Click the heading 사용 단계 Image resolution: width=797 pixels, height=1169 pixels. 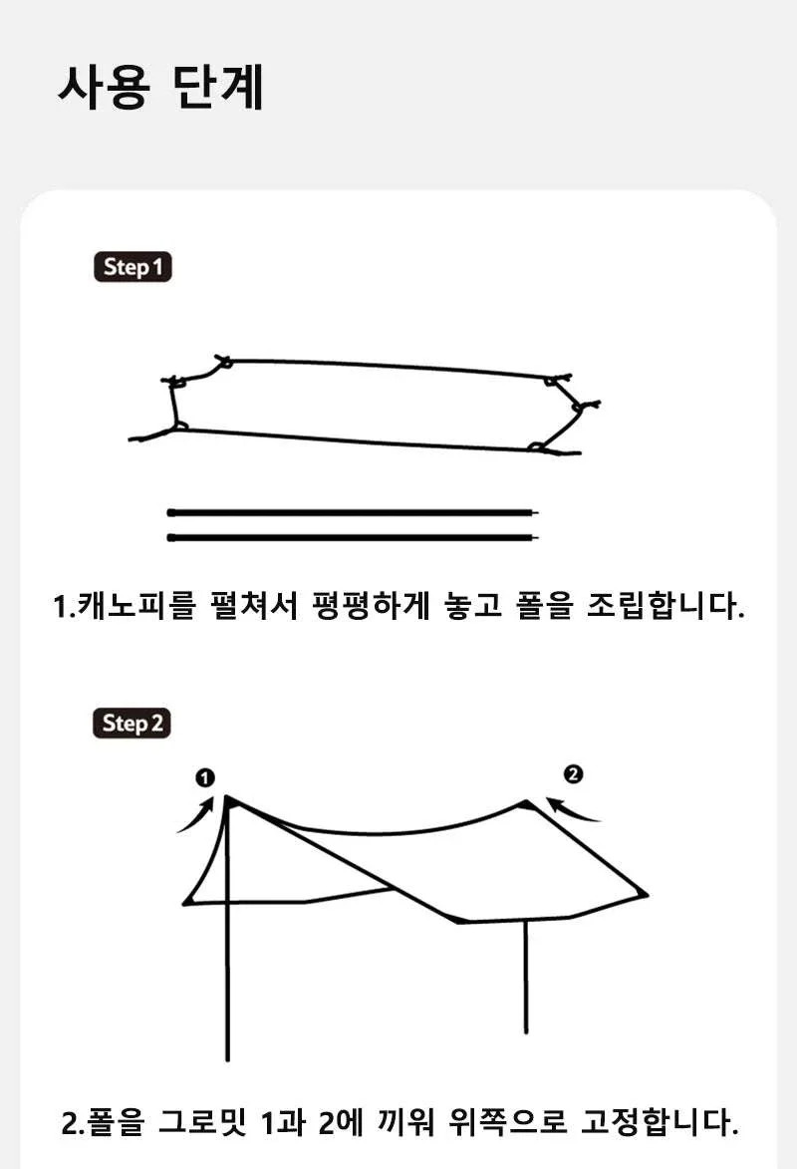160,88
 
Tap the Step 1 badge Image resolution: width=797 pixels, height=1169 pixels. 133,267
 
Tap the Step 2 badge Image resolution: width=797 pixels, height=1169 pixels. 132,724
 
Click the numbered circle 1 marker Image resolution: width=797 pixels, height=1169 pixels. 205,777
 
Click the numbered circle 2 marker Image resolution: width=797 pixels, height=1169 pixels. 573,774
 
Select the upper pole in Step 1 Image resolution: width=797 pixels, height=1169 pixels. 353,513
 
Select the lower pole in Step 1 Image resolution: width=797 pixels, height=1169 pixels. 353,537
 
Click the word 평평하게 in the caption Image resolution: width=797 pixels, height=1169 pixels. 372,605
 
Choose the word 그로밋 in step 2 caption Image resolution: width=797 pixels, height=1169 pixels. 202,1122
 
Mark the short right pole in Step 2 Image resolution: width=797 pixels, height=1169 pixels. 526,977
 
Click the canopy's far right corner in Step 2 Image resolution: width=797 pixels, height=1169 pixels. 647,895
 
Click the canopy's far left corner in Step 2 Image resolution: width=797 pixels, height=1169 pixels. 185,904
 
